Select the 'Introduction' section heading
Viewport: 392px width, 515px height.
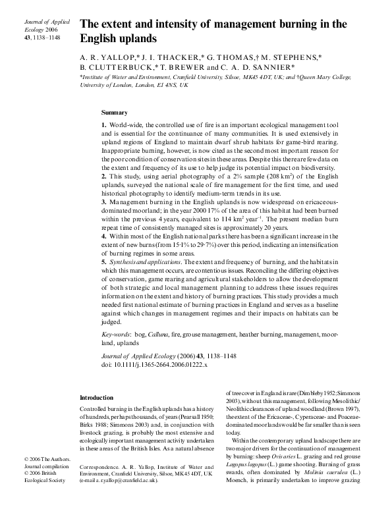click(97, 398)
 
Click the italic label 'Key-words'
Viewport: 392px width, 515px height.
click(115, 335)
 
